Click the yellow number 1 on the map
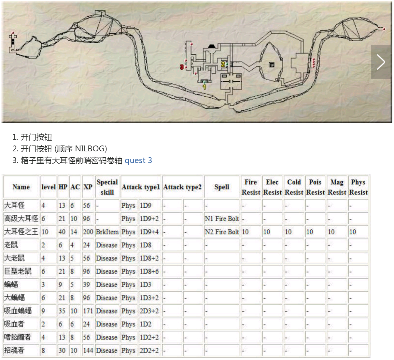(204, 87)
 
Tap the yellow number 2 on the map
(223, 64)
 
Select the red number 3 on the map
(182, 67)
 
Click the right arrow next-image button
(381, 62)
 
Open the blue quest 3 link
(138, 160)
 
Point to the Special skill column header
(107, 187)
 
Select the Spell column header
(222, 187)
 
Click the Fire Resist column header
(251, 187)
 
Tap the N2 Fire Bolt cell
(222, 232)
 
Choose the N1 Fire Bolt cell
(222, 219)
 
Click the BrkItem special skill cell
(107, 232)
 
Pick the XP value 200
(88, 232)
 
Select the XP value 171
(88, 311)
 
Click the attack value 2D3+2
(149, 311)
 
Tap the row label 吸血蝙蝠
(18, 311)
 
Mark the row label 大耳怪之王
(21, 232)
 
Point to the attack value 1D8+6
(149, 271)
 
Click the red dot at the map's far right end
(384, 29)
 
